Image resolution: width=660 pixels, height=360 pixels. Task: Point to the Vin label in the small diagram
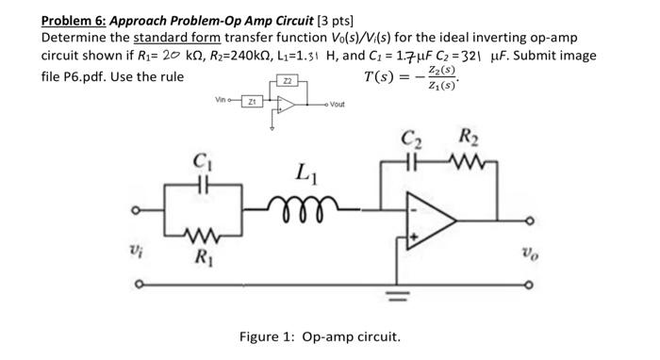click(x=223, y=97)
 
